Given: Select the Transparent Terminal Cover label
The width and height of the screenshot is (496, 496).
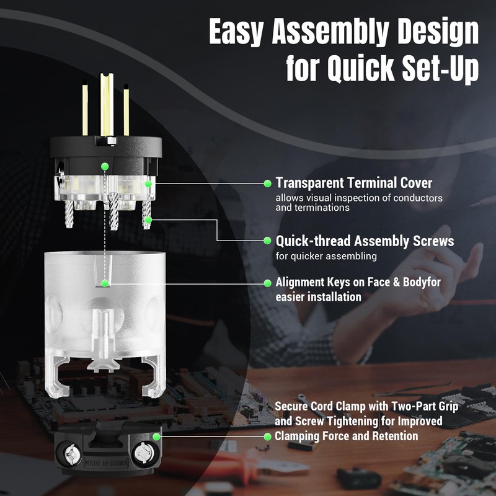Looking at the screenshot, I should (x=354, y=183).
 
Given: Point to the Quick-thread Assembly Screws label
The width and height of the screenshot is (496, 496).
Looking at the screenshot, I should (x=365, y=241).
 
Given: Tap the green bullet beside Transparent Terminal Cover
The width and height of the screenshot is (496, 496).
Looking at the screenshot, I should (x=267, y=183).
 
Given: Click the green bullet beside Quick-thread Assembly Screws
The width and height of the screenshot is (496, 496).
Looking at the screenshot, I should (x=267, y=241).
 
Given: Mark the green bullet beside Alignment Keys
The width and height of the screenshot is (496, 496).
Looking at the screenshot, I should (x=267, y=283).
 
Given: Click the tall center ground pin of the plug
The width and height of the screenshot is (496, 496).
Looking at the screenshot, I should (x=106, y=102).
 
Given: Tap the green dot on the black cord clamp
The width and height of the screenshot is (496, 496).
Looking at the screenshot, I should (x=157, y=436).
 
